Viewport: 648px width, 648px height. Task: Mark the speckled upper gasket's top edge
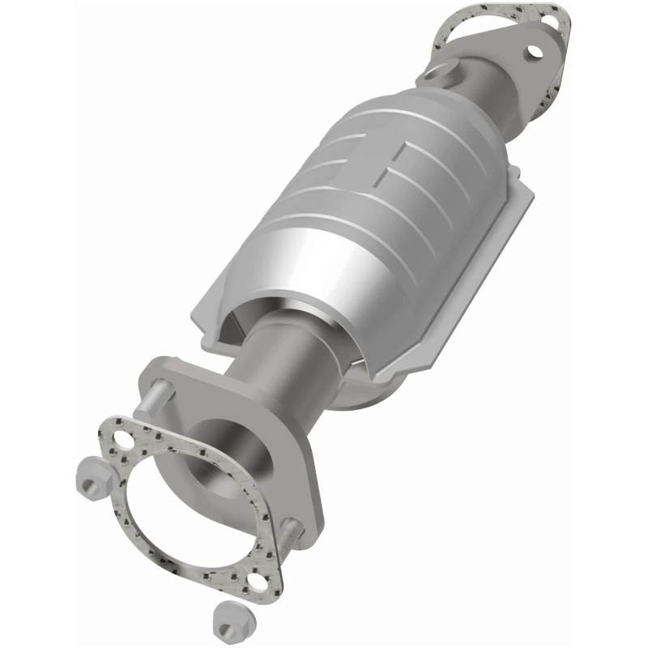(x=494, y=8)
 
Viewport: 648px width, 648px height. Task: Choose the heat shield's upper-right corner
(x=531, y=194)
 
